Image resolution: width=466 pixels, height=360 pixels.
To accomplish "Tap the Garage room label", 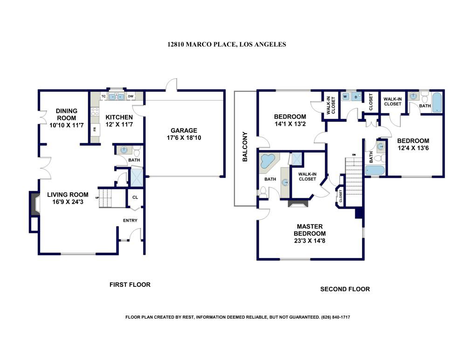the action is tap(184, 130).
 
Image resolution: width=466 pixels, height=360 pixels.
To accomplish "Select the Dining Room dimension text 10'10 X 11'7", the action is tap(67, 125).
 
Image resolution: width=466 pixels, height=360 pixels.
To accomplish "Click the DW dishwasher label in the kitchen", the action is tap(131, 96).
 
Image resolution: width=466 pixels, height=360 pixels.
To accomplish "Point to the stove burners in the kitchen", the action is tap(95, 112).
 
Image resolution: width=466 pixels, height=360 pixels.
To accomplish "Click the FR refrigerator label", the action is tap(95, 129).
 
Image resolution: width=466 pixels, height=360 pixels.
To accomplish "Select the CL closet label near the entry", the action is tap(135, 197).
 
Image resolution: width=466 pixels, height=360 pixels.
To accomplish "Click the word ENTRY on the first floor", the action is tap(130, 220).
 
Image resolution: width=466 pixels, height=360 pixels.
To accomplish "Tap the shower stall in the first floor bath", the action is tap(137, 177).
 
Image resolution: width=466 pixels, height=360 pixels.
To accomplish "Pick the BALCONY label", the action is tap(245, 147).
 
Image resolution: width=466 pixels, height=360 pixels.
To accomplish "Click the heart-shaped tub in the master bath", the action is tap(268, 161).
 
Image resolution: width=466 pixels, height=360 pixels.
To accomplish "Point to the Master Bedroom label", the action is tap(310, 230).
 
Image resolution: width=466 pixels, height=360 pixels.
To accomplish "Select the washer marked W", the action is tap(345, 97).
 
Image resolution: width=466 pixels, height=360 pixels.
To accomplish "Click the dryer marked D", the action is tap(356, 97).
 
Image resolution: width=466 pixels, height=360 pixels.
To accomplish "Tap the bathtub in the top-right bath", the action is tap(437, 103).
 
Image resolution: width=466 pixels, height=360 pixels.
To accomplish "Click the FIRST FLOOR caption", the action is tap(130, 285).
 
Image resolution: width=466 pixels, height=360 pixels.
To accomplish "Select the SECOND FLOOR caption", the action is tap(345, 289).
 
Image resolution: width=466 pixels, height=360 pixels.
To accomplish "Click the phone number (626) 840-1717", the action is tap(336, 317).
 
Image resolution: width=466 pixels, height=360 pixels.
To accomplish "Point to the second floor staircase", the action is tap(354, 177).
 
